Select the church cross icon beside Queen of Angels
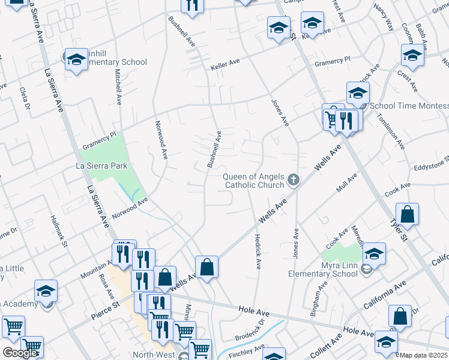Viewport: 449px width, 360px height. [x=294, y=179]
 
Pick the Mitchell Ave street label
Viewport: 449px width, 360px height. [x=118, y=87]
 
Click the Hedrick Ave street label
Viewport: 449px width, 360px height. [x=258, y=251]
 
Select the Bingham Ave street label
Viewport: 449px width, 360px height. [x=315, y=291]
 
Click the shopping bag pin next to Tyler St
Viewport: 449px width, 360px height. [x=407, y=215]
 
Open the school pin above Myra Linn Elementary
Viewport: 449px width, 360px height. [x=373, y=255]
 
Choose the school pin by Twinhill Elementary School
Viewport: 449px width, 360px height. [x=76, y=59]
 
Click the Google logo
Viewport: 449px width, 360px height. [x=20, y=353]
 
